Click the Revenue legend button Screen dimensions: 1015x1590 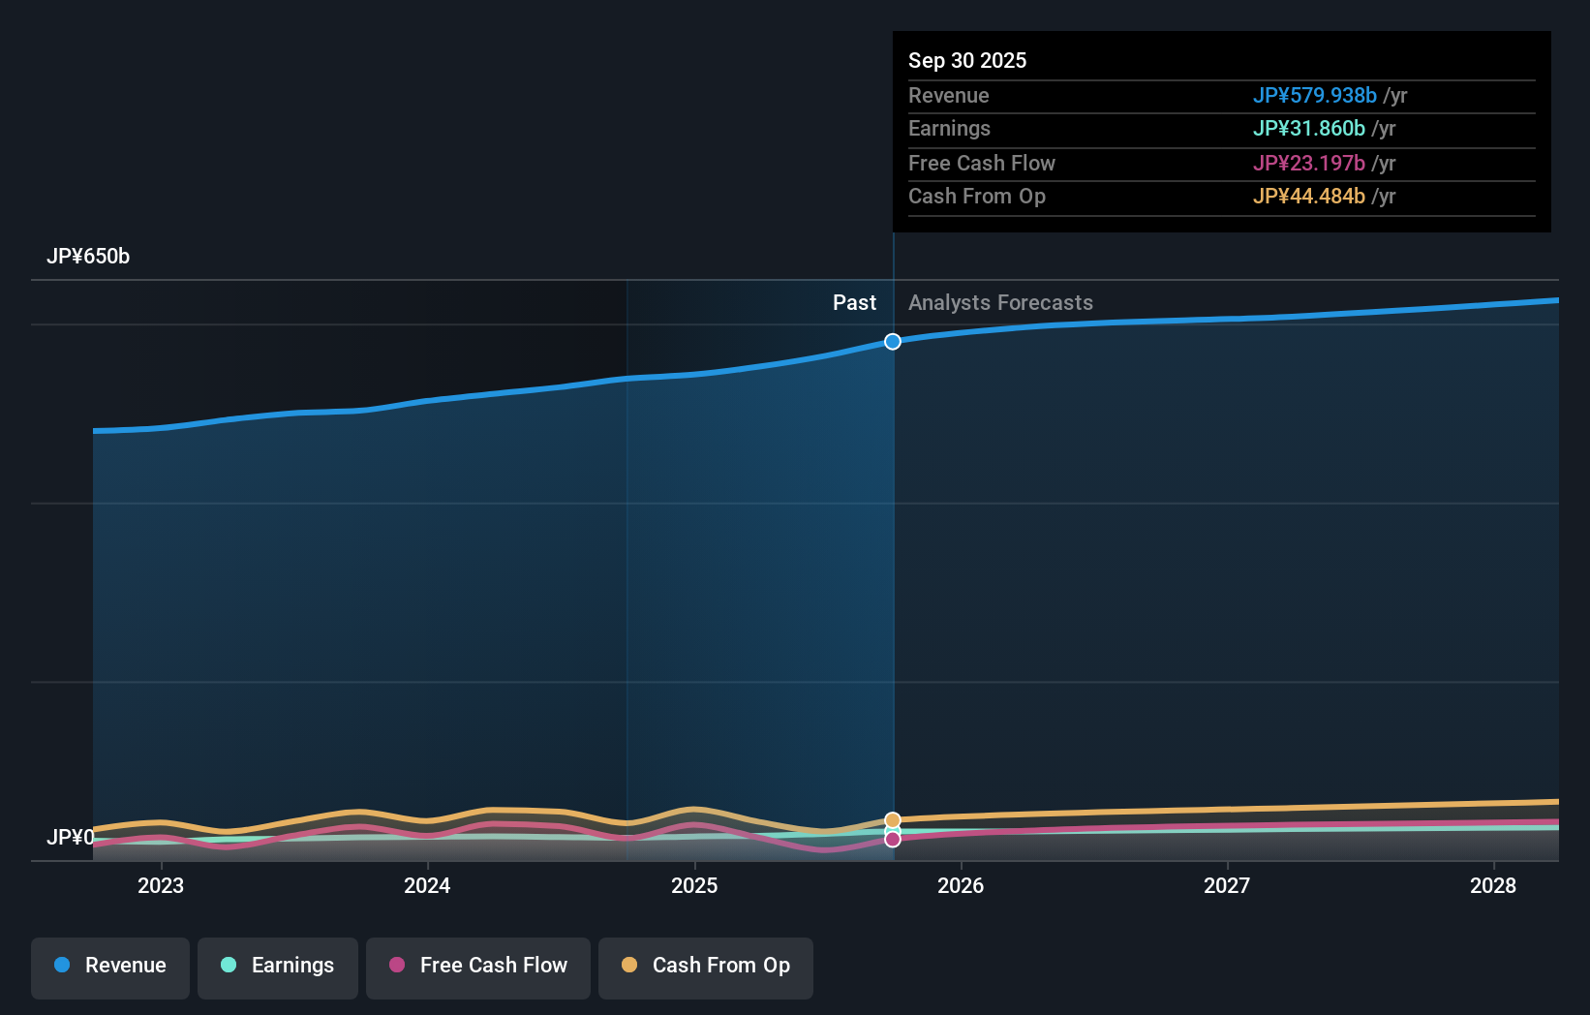click(110, 966)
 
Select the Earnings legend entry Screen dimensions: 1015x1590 click(278, 966)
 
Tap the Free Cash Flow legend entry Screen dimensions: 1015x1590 click(478, 966)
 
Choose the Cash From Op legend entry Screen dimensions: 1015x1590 click(706, 966)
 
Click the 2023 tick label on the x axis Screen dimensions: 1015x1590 click(161, 885)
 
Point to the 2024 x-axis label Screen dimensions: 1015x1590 click(427, 885)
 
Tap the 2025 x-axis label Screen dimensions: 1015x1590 click(694, 885)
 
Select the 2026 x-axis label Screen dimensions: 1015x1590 click(961, 885)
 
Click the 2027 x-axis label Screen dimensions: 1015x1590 click(1227, 885)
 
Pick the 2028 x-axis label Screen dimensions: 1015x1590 click(1493, 885)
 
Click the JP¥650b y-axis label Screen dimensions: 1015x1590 click(88, 257)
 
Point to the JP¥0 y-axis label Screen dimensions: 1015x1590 click(71, 837)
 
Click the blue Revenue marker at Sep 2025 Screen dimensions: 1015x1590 click(893, 342)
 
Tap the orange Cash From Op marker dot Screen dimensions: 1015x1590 click(893, 820)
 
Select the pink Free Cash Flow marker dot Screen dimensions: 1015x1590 click(893, 840)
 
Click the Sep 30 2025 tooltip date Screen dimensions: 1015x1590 click(967, 61)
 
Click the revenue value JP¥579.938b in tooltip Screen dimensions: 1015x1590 click(1314, 96)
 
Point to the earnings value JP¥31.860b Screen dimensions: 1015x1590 click(1308, 129)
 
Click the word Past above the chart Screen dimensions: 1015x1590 click(854, 303)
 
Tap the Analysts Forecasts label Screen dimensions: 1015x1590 click(1000, 303)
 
